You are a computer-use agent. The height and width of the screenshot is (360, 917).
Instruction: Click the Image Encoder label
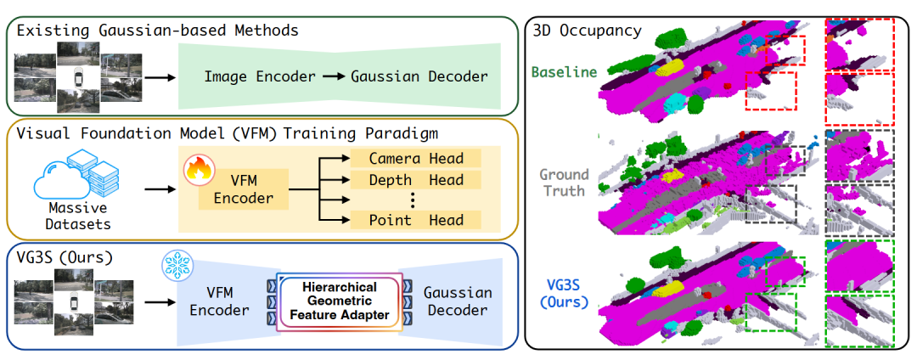click(260, 76)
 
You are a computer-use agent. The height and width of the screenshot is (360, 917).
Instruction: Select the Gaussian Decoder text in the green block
click(419, 76)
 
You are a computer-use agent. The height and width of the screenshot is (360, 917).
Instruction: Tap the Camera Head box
click(416, 159)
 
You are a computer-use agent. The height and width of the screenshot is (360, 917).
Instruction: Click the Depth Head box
click(416, 180)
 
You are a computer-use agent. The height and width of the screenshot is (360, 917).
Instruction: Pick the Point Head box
click(416, 221)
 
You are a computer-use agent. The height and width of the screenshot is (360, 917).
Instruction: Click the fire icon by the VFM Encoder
click(196, 169)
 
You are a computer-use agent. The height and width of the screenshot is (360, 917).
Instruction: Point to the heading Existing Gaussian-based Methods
click(156, 31)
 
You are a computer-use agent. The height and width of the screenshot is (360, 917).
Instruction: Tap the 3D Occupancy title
click(586, 31)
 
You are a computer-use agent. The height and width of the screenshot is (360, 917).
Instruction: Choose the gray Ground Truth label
click(563, 182)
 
